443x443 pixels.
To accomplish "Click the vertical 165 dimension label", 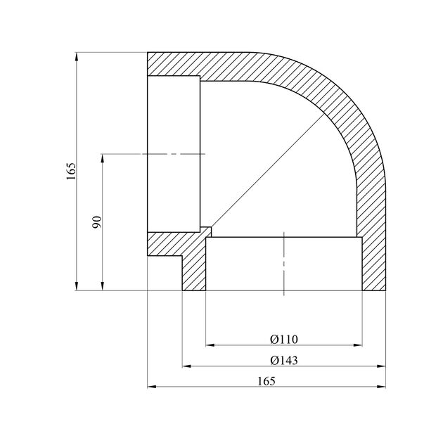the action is [71, 171].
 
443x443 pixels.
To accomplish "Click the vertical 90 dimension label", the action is [97, 222].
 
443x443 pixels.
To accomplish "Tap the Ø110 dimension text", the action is [283, 340].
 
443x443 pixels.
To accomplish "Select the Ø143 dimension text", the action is [283, 361].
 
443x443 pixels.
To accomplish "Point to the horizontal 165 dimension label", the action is [266, 381].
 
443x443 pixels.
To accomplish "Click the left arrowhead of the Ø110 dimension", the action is [210, 345].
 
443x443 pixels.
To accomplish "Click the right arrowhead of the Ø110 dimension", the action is [358, 345].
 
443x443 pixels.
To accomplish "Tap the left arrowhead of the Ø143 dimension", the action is [187, 366].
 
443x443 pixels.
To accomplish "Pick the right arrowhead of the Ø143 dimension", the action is [381, 366].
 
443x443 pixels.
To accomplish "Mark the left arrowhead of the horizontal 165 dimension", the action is [152, 387].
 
